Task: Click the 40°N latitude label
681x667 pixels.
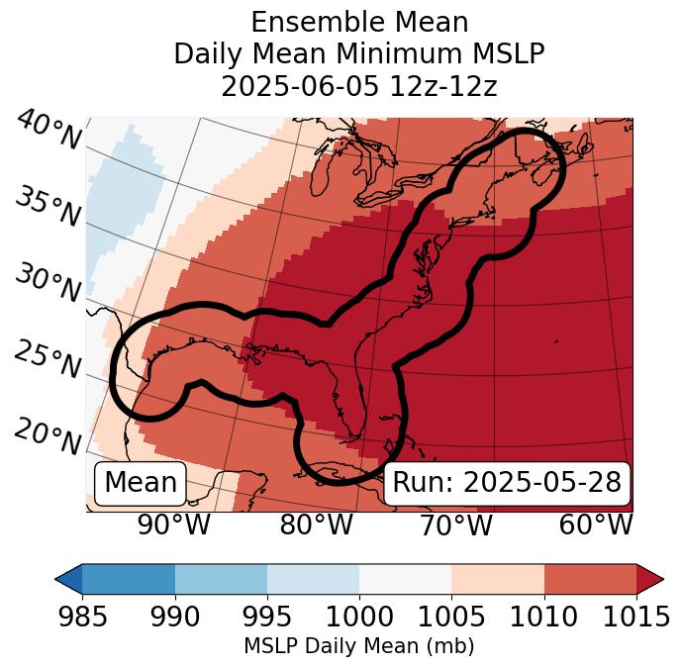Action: [x=49, y=132]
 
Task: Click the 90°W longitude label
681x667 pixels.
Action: [x=173, y=525]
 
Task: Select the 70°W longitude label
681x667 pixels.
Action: [x=454, y=525]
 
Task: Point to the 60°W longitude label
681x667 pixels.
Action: [x=595, y=525]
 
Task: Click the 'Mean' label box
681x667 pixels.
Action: [x=141, y=483]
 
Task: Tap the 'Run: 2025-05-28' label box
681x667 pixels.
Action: [x=507, y=483]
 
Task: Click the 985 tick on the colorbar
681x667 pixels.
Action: [x=82, y=618]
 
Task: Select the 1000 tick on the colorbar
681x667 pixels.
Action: [x=359, y=618]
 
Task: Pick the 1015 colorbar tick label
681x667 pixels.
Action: [x=636, y=618]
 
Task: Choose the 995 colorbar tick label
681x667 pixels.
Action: [x=267, y=618]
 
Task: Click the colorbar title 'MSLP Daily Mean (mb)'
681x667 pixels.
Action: [x=358, y=647]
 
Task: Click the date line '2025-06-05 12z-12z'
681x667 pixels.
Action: [x=358, y=86]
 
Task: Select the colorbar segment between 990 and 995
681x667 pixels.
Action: [x=221, y=578]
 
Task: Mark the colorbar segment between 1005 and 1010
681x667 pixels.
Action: [x=498, y=578]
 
